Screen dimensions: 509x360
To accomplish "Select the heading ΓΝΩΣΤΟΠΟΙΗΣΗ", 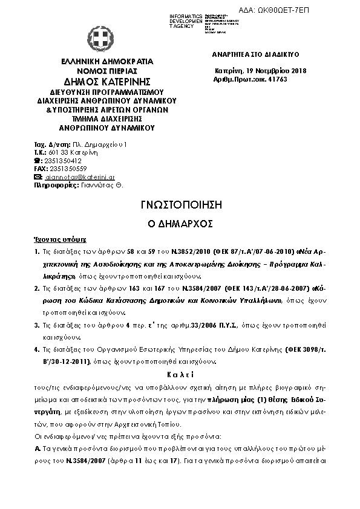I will (x=179, y=206).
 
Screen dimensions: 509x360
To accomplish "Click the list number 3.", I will (x=37, y=325).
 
